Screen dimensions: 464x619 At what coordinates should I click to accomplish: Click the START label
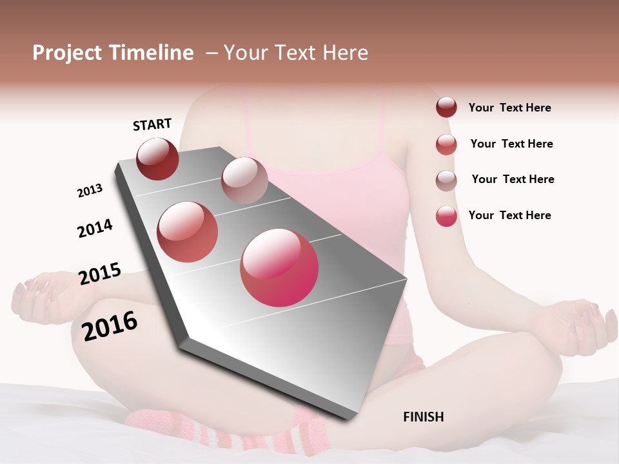pyautogui.click(x=152, y=124)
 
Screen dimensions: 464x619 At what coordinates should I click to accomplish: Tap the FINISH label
pyautogui.click(x=423, y=417)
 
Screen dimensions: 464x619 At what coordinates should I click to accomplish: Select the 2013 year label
pyautogui.click(x=90, y=191)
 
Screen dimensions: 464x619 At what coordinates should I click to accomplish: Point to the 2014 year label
pyautogui.click(x=95, y=228)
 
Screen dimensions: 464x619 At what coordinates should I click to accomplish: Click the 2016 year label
pyautogui.click(x=110, y=326)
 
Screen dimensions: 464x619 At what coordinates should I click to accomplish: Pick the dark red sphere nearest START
pyautogui.click(x=157, y=159)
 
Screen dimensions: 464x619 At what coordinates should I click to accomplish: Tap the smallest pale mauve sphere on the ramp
pyautogui.click(x=244, y=180)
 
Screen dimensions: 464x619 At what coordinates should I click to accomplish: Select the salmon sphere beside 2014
pyautogui.click(x=188, y=232)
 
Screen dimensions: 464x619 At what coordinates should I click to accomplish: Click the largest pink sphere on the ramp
pyautogui.click(x=279, y=267)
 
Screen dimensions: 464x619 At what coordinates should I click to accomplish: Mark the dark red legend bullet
pyautogui.click(x=446, y=108)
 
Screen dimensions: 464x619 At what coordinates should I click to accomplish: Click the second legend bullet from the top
pyautogui.click(x=446, y=144)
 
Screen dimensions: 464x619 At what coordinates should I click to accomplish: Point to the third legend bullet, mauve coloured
pyautogui.click(x=446, y=180)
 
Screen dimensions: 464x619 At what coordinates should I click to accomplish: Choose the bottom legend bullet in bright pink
pyautogui.click(x=446, y=216)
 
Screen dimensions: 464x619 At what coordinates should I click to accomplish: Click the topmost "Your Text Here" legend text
pyautogui.click(x=509, y=108)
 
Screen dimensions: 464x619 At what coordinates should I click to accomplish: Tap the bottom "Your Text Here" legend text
pyautogui.click(x=509, y=215)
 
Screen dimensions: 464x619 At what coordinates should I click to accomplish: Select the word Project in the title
pyautogui.click(x=67, y=53)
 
